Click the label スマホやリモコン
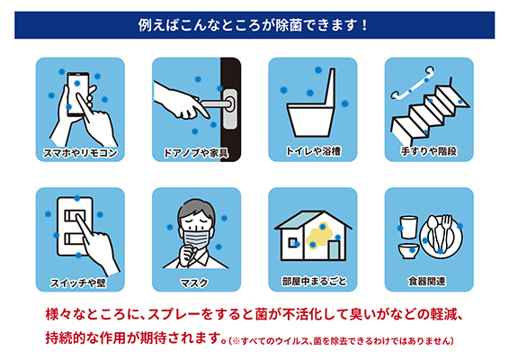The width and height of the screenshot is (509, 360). point(80,152)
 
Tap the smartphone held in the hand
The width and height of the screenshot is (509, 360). point(78,94)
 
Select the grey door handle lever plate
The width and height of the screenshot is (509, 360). point(230,109)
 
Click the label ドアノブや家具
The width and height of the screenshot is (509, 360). point(195,153)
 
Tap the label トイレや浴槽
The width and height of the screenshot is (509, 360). point(313,151)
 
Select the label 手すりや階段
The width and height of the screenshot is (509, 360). point(429,151)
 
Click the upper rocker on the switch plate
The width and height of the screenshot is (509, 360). point(75,215)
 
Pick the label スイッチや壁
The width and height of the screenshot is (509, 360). point(78,283)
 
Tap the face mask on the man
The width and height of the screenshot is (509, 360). point(196,238)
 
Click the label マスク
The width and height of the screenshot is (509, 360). point(194,283)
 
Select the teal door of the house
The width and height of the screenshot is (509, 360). point(334,250)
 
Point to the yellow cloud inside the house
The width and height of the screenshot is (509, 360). point(320,236)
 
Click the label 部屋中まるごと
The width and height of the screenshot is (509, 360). point(314,281)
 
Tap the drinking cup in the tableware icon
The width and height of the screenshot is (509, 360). point(408,228)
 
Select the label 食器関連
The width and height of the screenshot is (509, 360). point(427,281)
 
